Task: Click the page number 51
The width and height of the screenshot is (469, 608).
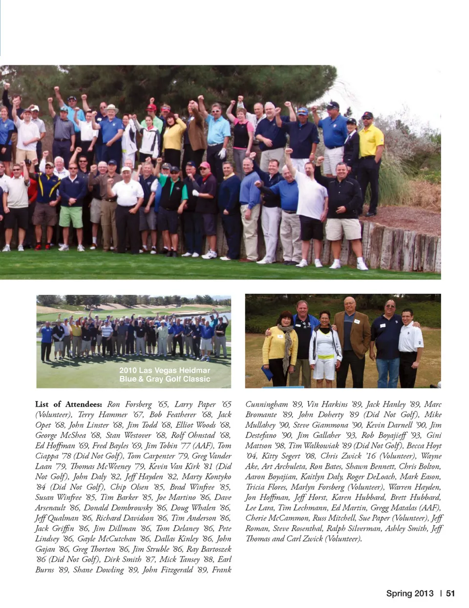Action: (450, 593)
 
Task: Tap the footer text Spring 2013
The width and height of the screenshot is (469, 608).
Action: (409, 593)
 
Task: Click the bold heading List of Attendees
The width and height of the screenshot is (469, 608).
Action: (68, 404)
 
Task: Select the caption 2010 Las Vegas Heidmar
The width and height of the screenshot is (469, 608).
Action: (165, 371)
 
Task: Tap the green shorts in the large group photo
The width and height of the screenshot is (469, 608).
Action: (71, 216)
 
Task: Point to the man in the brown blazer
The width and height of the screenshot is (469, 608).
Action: (350, 337)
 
